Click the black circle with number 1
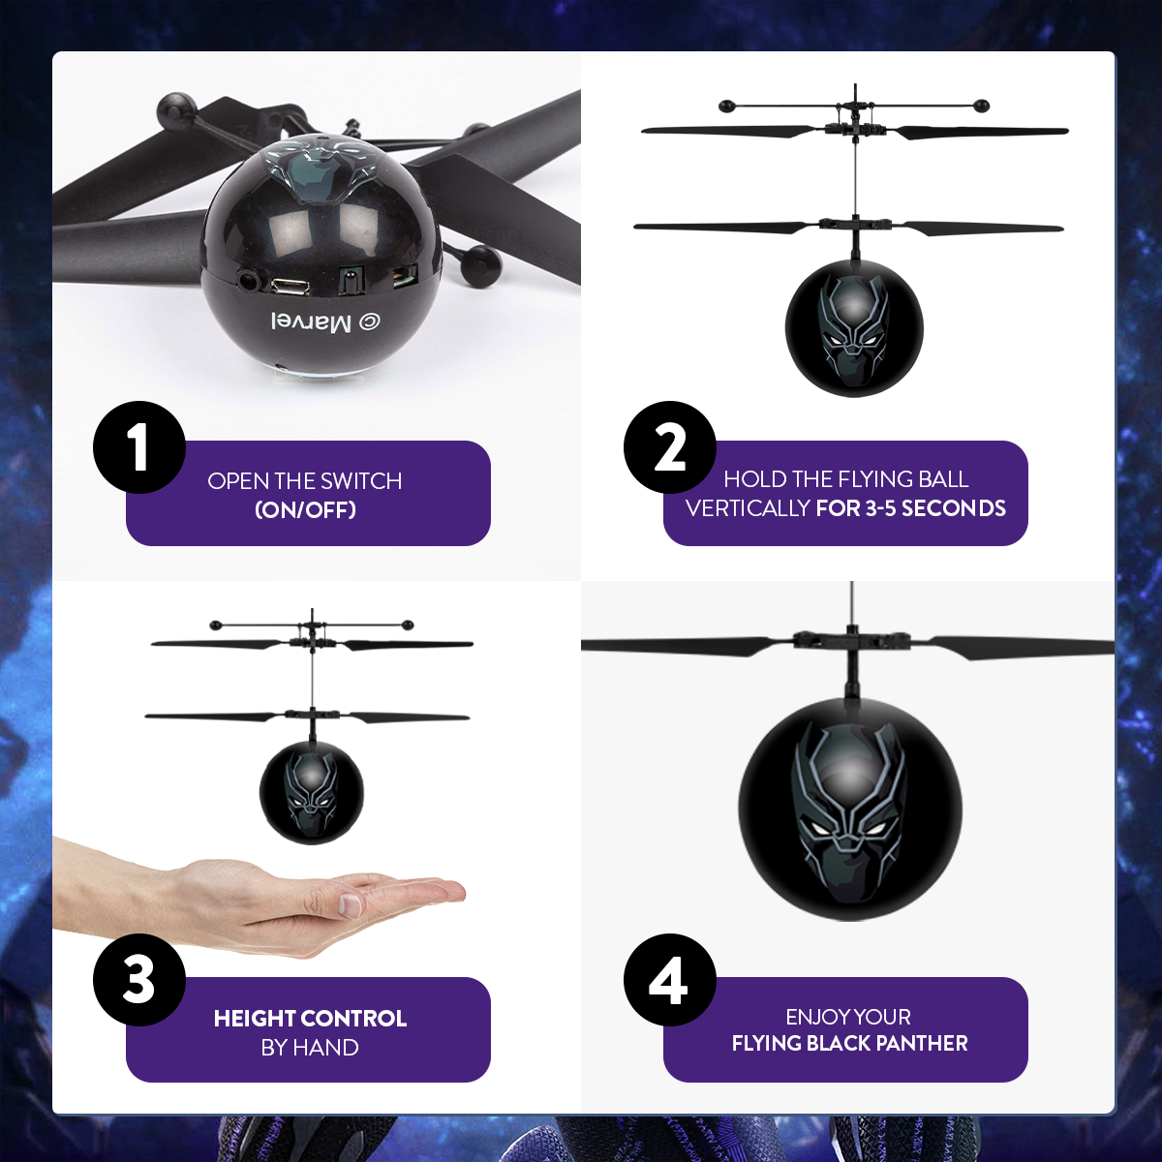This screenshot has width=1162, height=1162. point(139,447)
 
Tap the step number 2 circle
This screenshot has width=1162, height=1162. point(670,447)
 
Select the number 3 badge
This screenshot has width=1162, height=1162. point(139,979)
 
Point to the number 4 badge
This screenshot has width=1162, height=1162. point(670,979)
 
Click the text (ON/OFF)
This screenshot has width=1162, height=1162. point(305,510)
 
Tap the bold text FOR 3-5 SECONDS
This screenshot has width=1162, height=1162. point(910,508)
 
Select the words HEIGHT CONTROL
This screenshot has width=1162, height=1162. point(310,1019)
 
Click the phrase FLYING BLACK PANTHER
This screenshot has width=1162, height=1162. point(849,1044)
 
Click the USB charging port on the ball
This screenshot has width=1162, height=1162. point(290,287)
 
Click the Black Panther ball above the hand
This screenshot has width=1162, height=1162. point(312,793)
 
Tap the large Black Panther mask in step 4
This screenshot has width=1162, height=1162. point(849,809)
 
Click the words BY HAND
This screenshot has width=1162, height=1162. point(310,1048)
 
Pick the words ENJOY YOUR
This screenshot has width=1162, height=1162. point(848,1017)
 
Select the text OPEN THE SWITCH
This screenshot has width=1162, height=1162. point(305,481)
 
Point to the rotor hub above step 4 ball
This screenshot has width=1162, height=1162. point(852,640)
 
